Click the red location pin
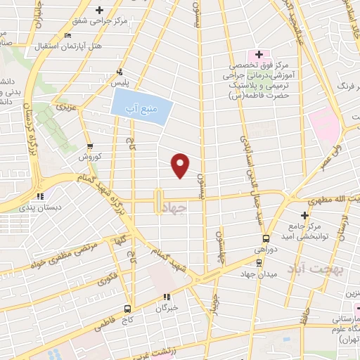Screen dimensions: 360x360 pyautogui.click(x=181, y=165)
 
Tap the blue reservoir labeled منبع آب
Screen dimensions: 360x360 pyautogui.click(x=141, y=109)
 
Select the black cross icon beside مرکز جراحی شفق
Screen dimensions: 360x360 pyautogui.click(x=99, y=10)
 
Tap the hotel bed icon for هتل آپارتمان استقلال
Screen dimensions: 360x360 pyautogui.click(x=67, y=35)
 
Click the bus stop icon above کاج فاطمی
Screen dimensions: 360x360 pyautogui.click(x=127, y=307)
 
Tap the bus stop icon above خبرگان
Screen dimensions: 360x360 pyautogui.click(x=167, y=297)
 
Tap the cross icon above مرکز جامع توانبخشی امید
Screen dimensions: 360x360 pyautogui.click(x=304, y=214)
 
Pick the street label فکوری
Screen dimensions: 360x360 pyautogui.click(x=108, y=276)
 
